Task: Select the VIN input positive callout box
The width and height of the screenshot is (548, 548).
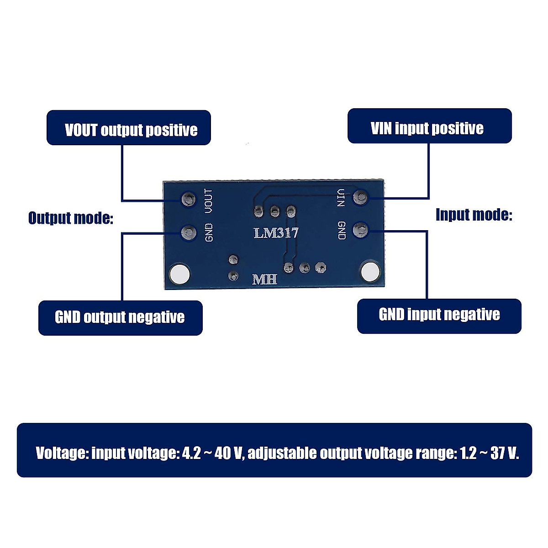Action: coord(429,126)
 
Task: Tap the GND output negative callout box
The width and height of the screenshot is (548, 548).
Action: coord(120,318)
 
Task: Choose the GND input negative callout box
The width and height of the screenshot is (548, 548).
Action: coord(439,316)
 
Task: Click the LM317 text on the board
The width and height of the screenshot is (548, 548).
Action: coord(276,233)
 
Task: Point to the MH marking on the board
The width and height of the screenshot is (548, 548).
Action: coord(265,279)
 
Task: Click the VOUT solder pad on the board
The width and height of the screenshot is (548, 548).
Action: coord(188,199)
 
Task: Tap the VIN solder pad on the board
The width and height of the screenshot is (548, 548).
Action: coord(361,197)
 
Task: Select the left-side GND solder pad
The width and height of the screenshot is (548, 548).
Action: coord(188,232)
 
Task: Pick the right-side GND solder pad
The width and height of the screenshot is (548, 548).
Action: coord(361,230)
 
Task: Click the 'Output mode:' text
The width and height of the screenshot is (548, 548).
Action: coord(70,218)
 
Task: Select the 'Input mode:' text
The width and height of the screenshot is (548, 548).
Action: coord(474,215)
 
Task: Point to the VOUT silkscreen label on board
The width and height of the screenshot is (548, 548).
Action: coord(209,201)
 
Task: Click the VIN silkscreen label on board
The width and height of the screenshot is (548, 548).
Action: coord(341,198)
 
